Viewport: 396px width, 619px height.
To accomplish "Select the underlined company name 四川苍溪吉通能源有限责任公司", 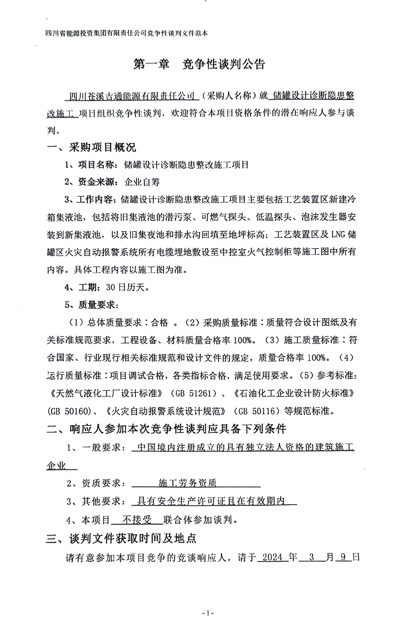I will tap(132, 96).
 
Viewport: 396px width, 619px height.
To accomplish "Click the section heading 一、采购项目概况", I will tap(91, 147).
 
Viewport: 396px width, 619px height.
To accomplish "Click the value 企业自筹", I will tap(142, 182).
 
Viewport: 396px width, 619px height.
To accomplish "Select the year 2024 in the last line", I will tap(273, 557).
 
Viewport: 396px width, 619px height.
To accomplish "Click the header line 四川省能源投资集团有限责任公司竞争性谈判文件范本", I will tap(127, 33).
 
